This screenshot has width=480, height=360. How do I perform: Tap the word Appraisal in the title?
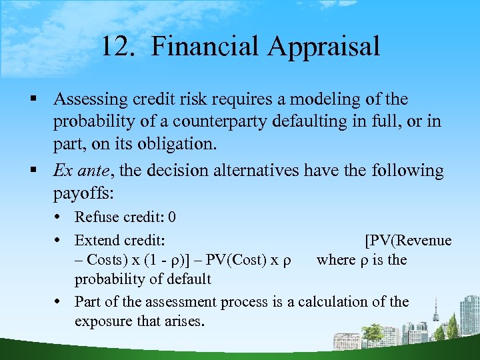325,47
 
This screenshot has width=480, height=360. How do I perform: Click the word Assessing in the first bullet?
89,99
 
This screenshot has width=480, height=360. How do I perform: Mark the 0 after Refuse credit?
172,217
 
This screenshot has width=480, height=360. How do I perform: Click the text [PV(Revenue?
407,240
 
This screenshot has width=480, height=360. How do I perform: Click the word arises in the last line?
187,321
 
